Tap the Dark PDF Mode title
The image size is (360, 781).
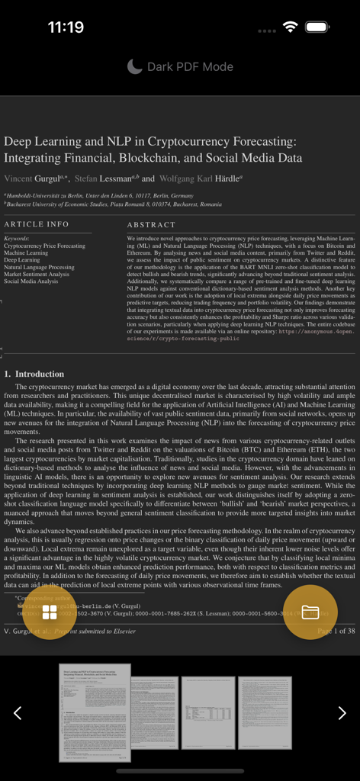190,67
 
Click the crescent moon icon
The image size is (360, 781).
134,67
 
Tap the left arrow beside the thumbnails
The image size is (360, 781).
18,712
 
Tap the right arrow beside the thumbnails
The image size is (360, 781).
342,712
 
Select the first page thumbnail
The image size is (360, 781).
95,712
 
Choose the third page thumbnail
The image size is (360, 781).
207,712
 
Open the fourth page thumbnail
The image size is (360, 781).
265,712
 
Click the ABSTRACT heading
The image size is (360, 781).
151,225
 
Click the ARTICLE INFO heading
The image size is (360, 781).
36,225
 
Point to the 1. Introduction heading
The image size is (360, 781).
34,374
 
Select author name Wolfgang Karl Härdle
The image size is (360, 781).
199,178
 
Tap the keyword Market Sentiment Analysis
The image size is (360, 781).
36,275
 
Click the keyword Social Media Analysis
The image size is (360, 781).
31,281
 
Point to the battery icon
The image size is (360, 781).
318,27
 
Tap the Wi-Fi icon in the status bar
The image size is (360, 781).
290,27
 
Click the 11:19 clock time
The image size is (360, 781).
66,27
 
